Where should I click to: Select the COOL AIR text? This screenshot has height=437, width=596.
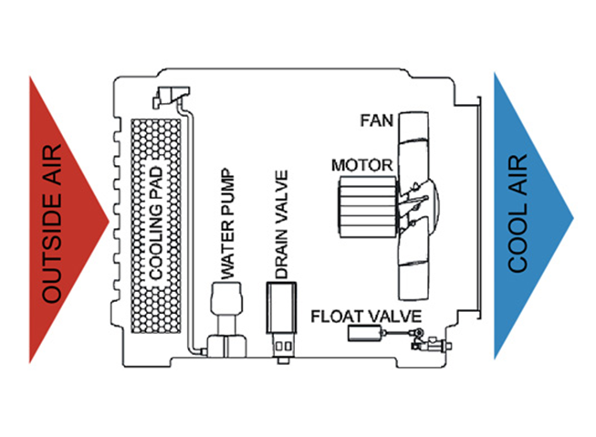pos(518,214)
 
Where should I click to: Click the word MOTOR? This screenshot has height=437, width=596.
pos(361,165)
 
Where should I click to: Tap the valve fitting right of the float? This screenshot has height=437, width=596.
pos(422,344)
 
